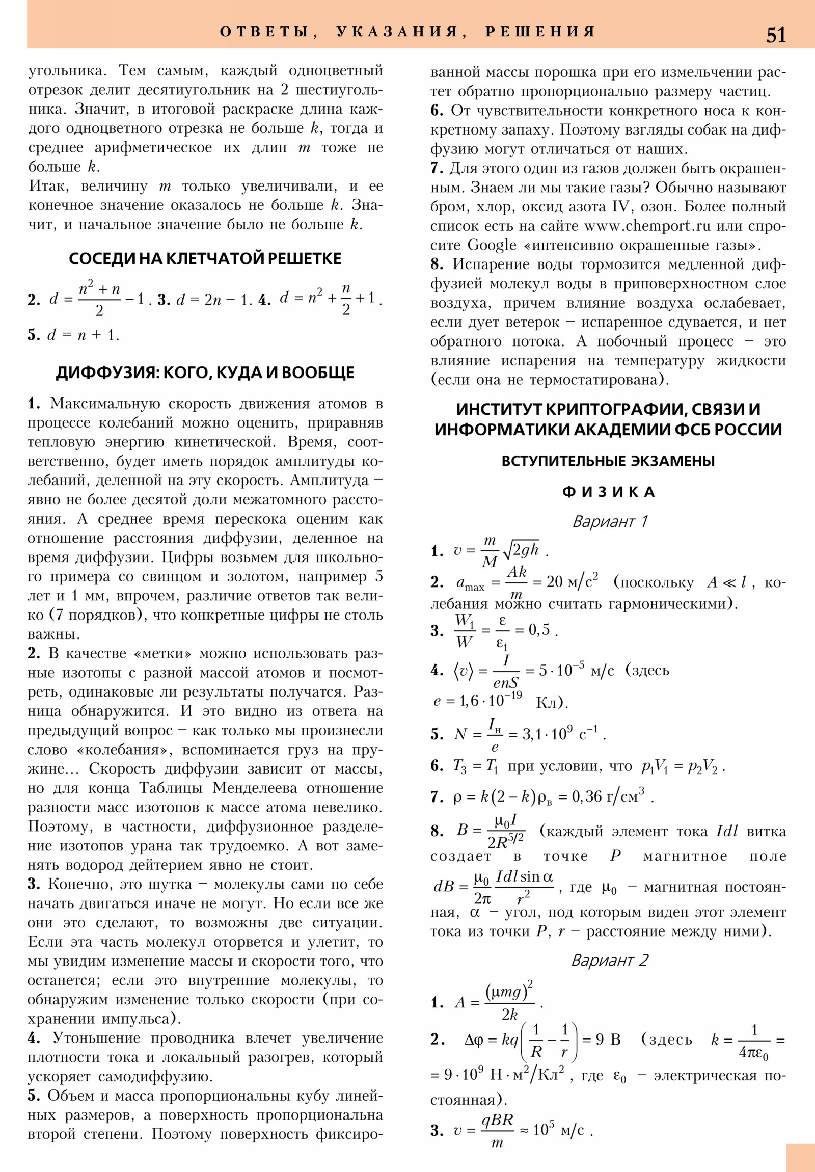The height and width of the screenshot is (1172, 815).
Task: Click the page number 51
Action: (x=776, y=35)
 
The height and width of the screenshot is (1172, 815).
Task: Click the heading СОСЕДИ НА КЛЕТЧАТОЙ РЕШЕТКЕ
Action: (x=205, y=259)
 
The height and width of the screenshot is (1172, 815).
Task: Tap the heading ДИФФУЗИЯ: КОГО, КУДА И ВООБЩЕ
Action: (x=205, y=372)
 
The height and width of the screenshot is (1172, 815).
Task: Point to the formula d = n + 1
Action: (x=83, y=335)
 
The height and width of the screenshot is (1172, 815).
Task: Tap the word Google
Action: (x=492, y=245)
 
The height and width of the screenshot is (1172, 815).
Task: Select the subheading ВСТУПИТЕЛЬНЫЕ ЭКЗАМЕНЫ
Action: (x=608, y=461)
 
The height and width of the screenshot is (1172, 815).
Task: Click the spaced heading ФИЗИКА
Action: (x=608, y=492)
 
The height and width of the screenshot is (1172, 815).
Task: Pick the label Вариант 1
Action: (x=609, y=521)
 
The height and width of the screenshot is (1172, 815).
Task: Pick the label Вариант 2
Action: (x=609, y=960)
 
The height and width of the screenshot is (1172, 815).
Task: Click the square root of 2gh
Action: (x=521, y=550)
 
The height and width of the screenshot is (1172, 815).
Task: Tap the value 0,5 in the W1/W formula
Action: (x=539, y=630)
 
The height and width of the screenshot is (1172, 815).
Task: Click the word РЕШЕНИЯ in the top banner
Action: (x=540, y=32)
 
